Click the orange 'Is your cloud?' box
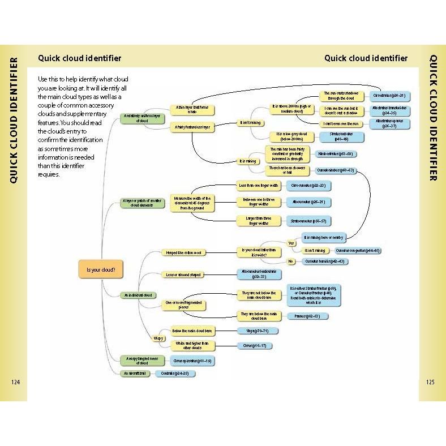(x=101, y=270)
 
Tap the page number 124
(x=15, y=382)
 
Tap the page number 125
(x=430, y=382)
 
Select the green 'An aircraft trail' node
(x=134, y=374)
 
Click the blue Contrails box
(x=175, y=374)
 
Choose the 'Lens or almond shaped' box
(x=182, y=275)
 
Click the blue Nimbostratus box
(x=336, y=154)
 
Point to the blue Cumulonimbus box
(x=336, y=170)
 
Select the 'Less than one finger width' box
(x=258, y=185)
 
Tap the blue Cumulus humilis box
(x=324, y=261)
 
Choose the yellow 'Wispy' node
(x=158, y=338)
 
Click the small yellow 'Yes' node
(x=292, y=243)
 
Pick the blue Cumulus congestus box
(x=357, y=251)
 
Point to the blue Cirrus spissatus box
(x=192, y=361)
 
